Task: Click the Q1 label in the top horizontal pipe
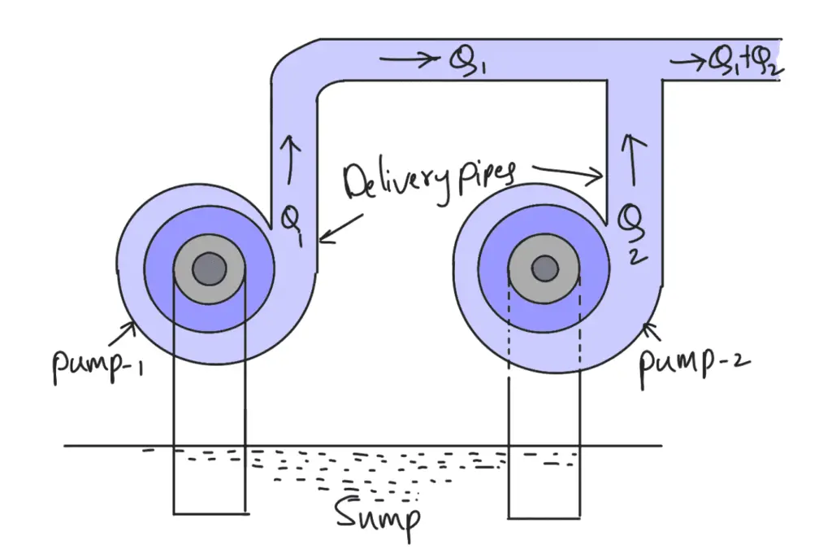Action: click(x=467, y=59)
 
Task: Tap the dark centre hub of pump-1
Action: click(x=210, y=268)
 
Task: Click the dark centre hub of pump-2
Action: click(x=544, y=268)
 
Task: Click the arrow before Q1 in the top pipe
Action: click(x=406, y=59)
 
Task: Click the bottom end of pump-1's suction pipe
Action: click(x=210, y=512)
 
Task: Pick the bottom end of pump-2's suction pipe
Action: click(x=544, y=516)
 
